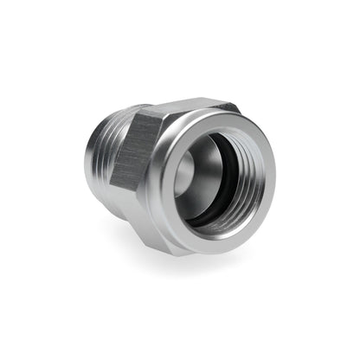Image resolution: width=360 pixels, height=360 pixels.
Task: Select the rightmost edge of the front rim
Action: click(275, 177)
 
